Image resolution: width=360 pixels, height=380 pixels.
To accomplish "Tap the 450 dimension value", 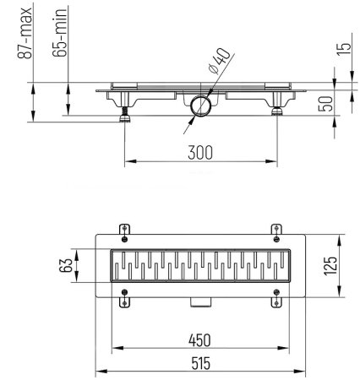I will [199, 339].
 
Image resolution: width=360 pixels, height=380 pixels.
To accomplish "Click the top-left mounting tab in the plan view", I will [125, 230].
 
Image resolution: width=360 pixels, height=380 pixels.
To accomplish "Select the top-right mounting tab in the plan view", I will [275, 230].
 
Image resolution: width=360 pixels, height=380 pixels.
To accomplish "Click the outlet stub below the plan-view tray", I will [200, 302].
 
